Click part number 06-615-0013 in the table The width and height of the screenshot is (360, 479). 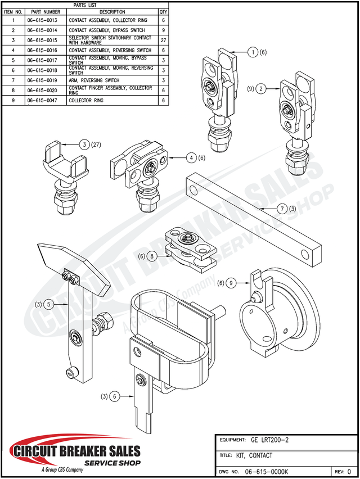click(42, 20)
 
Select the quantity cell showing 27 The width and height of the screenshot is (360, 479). click(163, 40)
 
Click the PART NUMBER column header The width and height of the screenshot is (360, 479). click(46, 11)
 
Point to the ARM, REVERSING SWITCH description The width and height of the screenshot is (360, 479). click(94, 80)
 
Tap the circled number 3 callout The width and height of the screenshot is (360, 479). click(84, 145)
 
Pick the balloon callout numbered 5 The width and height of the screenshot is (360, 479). click(49, 304)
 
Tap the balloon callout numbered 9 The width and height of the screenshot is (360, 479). click(230, 283)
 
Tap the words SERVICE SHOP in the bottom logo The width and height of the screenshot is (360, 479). click(112, 462)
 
